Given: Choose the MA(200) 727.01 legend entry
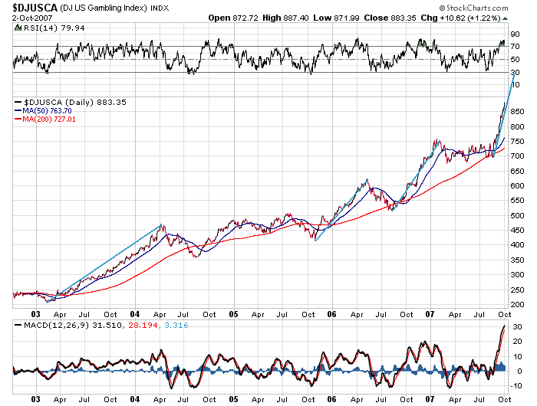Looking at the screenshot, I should coord(52,120).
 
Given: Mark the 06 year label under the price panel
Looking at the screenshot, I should coord(331,314).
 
